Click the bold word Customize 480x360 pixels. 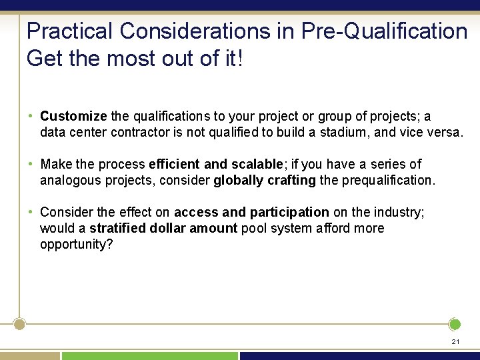tap(73, 116)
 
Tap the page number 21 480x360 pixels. tap(455, 341)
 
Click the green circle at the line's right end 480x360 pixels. tap(455, 325)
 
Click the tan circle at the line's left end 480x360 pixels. tap(20, 325)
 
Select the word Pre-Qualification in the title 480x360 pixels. tap(385, 31)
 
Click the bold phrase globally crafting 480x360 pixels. tap(265, 180)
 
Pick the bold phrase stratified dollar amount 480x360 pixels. tap(163, 228)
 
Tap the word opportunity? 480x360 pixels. tap(77, 244)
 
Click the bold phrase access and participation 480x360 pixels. tap(251, 212)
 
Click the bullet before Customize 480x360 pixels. tap(31, 116)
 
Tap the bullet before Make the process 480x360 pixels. tap(31, 164)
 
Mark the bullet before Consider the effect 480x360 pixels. tap(31, 212)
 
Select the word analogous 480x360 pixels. tap(70, 180)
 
